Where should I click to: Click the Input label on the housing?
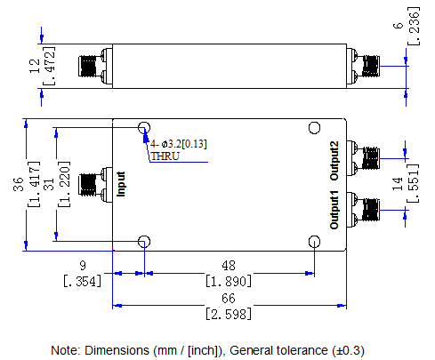pyautogui.click(x=121, y=184)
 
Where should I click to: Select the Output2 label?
pyautogui.click(x=334, y=161)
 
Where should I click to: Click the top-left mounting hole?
pyautogui.click(x=144, y=128)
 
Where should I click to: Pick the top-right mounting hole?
pyautogui.click(x=314, y=128)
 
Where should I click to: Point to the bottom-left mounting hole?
pyautogui.click(x=144, y=242)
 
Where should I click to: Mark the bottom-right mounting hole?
pyautogui.click(x=314, y=242)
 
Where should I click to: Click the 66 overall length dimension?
pyautogui.click(x=229, y=298)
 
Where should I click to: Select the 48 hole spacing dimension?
pyautogui.click(x=229, y=265)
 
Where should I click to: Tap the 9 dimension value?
pyautogui.click(x=83, y=265)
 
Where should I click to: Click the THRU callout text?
pyautogui.click(x=165, y=156)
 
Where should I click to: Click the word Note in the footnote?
pyautogui.click(x=66, y=349)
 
